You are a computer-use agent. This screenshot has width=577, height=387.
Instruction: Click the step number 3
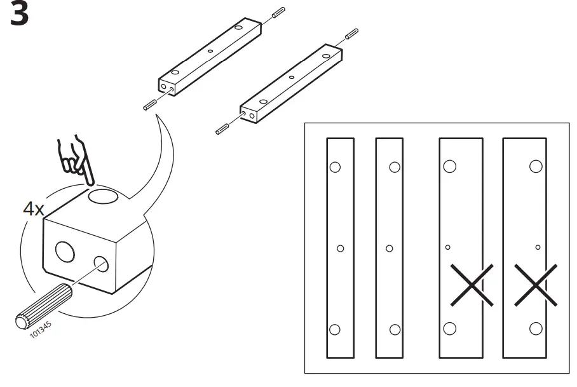click(20, 15)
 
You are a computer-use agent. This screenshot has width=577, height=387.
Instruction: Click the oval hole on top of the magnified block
click(104, 196)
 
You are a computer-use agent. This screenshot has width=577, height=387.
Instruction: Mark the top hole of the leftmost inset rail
click(335, 167)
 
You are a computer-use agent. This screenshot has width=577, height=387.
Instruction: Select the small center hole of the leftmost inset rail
click(340, 248)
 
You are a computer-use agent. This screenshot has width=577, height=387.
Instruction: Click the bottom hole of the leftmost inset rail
click(335, 329)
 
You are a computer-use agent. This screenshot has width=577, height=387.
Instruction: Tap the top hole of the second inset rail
click(395, 167)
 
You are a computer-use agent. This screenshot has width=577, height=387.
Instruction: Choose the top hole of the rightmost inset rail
click(536, 166)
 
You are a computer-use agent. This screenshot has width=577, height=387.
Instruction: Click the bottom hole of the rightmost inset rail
click(536, 329)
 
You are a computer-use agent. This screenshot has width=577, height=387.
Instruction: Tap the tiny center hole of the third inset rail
click(448, 247)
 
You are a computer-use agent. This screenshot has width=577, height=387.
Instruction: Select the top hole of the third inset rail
click(449, 166)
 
